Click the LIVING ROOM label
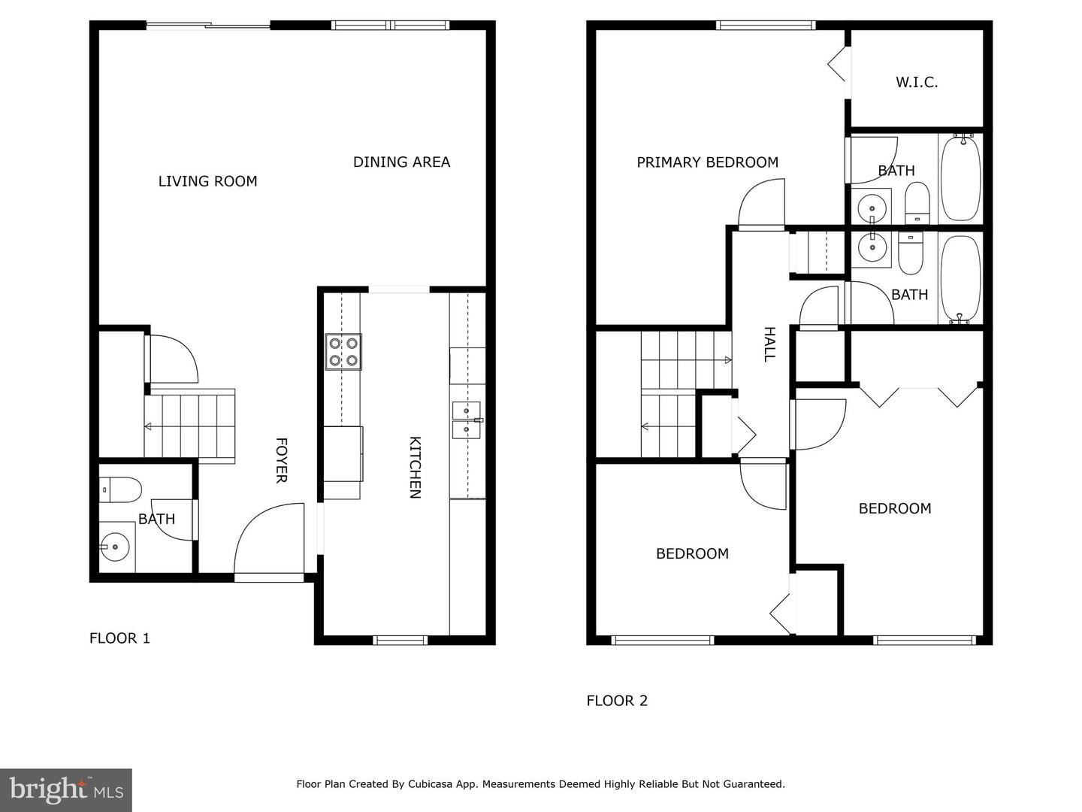[x=207, y=181]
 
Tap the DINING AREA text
[x=401, y=162]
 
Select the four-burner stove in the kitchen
[x=343, y=352]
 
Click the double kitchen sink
[x=467, y=420]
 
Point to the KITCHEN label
[x=414, y=467]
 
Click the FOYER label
[x=281, y=460]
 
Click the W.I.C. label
[x=916, y=83]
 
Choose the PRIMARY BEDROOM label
[x=707, y=162]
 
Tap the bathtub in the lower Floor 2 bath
[x=960, y=278]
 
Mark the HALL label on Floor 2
[x=769, y=344]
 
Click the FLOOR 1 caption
[x=119, y=638]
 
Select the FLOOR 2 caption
[x=617, y=701]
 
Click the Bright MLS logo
[x=66, y=789]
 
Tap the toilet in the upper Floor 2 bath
[x=917, y=204]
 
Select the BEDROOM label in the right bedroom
[x=894, y=508]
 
